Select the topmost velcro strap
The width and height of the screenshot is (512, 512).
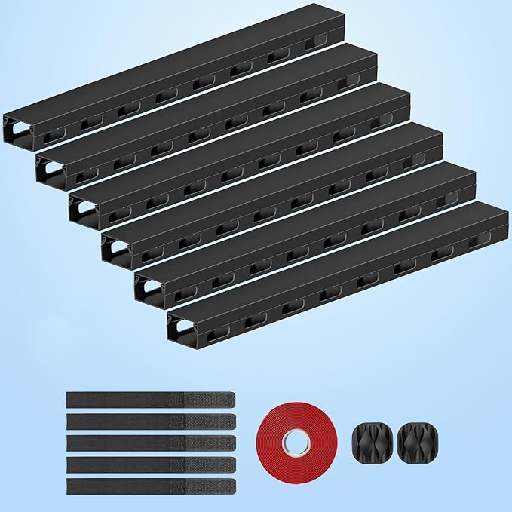[151, 399]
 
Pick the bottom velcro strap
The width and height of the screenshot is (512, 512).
[151, 486]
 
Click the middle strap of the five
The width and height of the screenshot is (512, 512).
[151, 442]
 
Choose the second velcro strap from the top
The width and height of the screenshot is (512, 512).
[151, 420]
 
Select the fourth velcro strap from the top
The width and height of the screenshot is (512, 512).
[151, 464]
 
